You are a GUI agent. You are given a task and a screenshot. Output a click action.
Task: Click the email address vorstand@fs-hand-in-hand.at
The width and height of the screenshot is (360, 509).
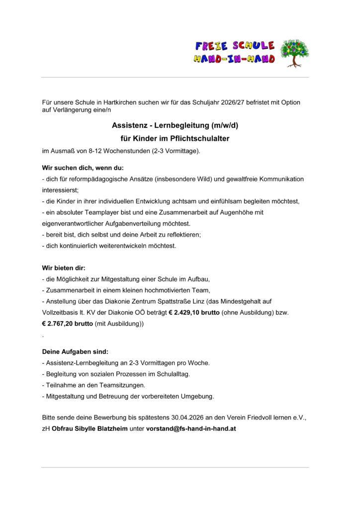point(190,428)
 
